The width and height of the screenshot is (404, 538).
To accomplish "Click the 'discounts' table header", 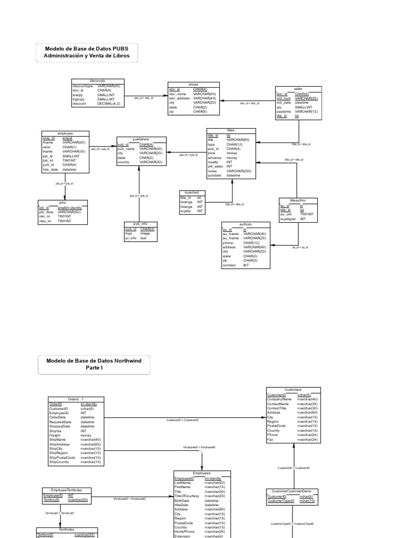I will (x=97, y=81).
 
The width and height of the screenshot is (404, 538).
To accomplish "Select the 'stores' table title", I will (x=194, y=85).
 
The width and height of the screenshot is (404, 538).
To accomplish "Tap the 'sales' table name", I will (x=298, y=89).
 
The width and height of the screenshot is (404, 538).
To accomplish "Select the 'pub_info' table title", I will (x=140, y=224).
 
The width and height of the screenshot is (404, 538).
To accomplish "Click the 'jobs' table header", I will (x=63, y=202).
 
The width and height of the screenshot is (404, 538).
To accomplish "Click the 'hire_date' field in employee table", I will (x=52, y=170).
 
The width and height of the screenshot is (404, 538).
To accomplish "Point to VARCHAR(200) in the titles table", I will (x=239, y=171).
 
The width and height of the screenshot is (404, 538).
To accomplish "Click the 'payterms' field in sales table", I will (x=284, y=112).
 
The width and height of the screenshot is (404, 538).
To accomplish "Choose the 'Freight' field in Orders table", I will (x=55, y=435).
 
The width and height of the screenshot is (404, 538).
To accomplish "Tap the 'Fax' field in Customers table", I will (x=270, y=439).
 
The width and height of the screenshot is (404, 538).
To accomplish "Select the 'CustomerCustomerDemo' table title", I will (x=294, y=491).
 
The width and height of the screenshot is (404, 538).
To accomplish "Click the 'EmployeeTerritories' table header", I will (x=66, y=490).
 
